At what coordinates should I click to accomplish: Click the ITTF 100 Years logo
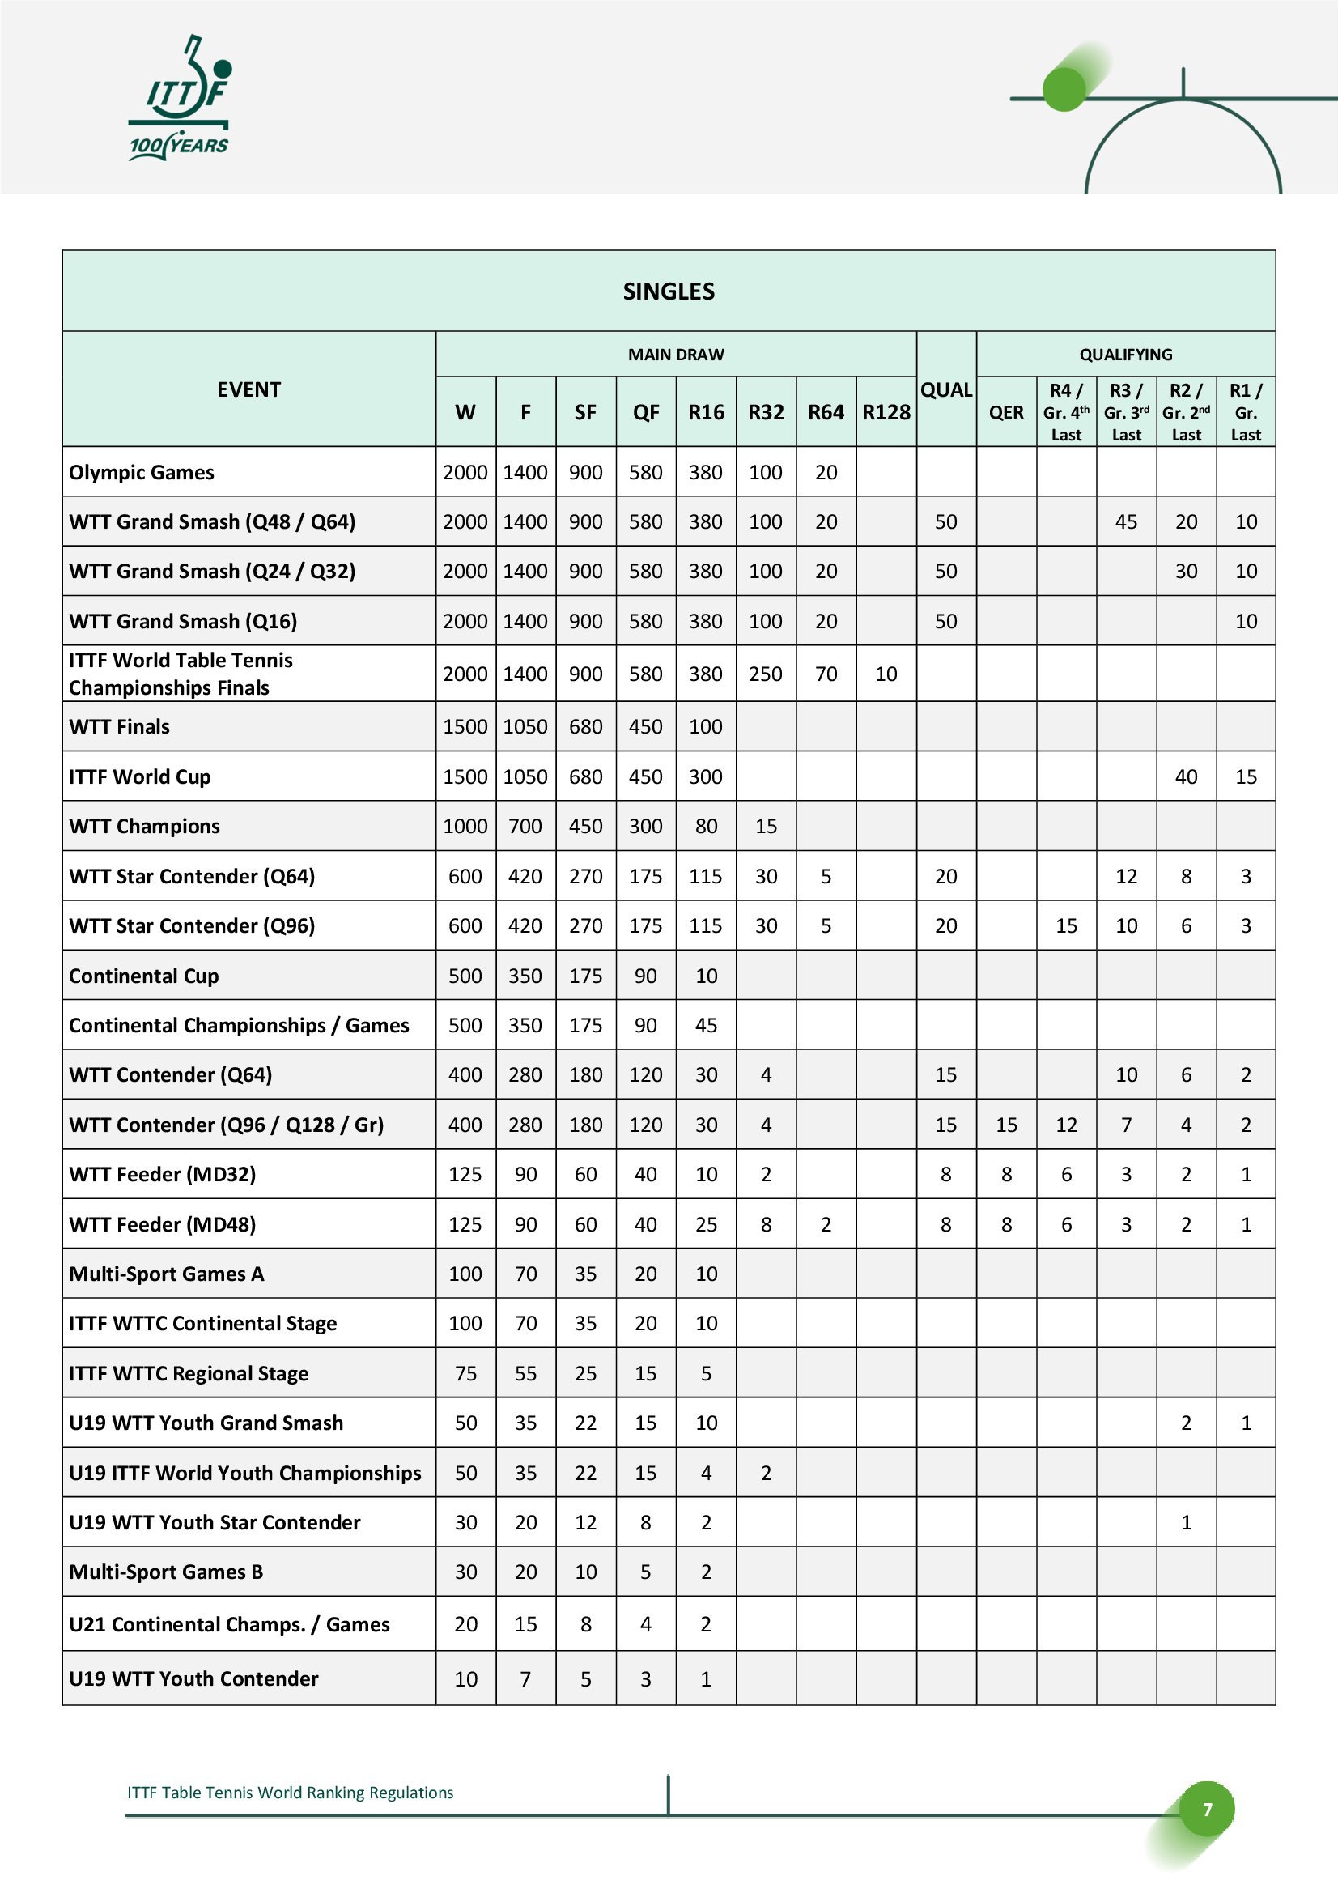pos(180,99)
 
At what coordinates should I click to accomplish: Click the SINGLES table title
pos(669,291)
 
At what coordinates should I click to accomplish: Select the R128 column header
pos(886,412)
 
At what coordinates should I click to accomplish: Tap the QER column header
pos(1006,412)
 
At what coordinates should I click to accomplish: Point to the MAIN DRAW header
pos(676,355)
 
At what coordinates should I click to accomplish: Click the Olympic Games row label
pos(142,472)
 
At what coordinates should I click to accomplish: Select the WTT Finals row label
pos(120,726)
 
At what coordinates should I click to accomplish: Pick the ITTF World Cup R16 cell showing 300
pos(706,776)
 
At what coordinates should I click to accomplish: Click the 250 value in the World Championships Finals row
pos(766,674)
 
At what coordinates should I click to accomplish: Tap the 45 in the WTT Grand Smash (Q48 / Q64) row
pos(1126,522)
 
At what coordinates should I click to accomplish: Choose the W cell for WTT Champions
pos(465,826)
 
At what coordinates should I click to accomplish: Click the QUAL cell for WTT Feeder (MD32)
pos(945,1174)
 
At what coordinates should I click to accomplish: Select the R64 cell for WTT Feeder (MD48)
pos(826,1224)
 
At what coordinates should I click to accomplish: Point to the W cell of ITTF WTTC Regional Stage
pos(465,1373)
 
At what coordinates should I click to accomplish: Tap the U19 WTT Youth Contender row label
pos(193,1678)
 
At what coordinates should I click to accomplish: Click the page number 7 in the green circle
pos(1207,1810)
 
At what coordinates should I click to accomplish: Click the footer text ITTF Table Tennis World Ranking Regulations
pos(291,1793)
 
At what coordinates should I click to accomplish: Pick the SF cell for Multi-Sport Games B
pos(585,1572)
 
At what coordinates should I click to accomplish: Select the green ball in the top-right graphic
pos(1064,89)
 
